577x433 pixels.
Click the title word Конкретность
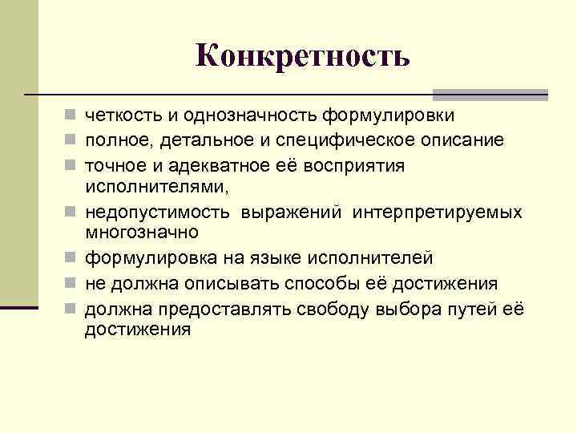[302, 55]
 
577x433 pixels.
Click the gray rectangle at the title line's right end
[490, 94]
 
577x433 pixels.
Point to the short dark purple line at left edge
[19, 307]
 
